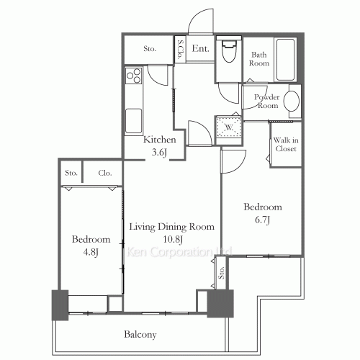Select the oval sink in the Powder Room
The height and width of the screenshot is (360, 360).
292,102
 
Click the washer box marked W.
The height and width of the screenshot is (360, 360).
228,127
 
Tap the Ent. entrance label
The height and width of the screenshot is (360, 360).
201,49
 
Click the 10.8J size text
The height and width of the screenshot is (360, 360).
171,239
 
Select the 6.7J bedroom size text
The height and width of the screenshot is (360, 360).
261,220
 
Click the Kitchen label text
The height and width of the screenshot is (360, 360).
159,140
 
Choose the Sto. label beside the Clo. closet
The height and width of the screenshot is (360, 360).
71,173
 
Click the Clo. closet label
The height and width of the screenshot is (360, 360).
104,173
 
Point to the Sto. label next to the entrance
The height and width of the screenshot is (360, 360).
150,49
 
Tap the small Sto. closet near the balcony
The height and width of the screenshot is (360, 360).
222,272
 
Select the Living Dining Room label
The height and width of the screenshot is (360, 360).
172,227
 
